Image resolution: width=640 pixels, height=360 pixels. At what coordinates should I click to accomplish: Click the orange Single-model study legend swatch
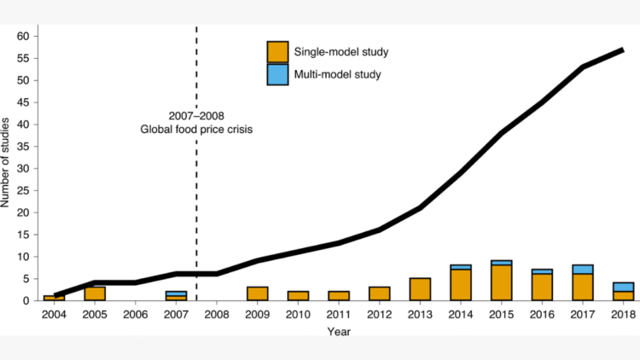[x=278, y=52]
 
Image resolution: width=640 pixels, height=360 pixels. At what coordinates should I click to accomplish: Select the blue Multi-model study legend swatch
[x=278, y=74]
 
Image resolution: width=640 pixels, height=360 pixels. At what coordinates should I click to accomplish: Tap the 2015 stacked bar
[x=502, y=281]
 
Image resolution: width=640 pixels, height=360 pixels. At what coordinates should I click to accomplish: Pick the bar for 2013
[x=420, y=289]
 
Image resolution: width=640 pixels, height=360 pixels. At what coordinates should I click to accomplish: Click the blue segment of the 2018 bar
[x=623, y=287]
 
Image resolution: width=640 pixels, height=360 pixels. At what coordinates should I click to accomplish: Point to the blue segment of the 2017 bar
[x=582, y=269]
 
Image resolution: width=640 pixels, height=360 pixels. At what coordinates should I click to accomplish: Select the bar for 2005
[x=95, y=293]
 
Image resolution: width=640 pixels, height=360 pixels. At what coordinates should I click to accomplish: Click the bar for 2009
[x=258, y=293]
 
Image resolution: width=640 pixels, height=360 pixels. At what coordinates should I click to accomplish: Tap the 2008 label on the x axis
[x=217, y=314]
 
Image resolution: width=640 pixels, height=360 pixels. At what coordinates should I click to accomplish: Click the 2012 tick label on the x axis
[x=379, y=314]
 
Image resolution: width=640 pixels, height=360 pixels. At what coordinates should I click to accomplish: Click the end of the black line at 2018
[x=622, y=50]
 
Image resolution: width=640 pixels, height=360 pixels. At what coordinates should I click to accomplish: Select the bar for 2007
[x=177, y=295]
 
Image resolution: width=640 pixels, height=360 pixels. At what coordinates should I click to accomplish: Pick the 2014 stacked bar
[x=461, y=283]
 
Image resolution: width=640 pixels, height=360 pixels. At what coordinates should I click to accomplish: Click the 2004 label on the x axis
[x=54, y=314]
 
